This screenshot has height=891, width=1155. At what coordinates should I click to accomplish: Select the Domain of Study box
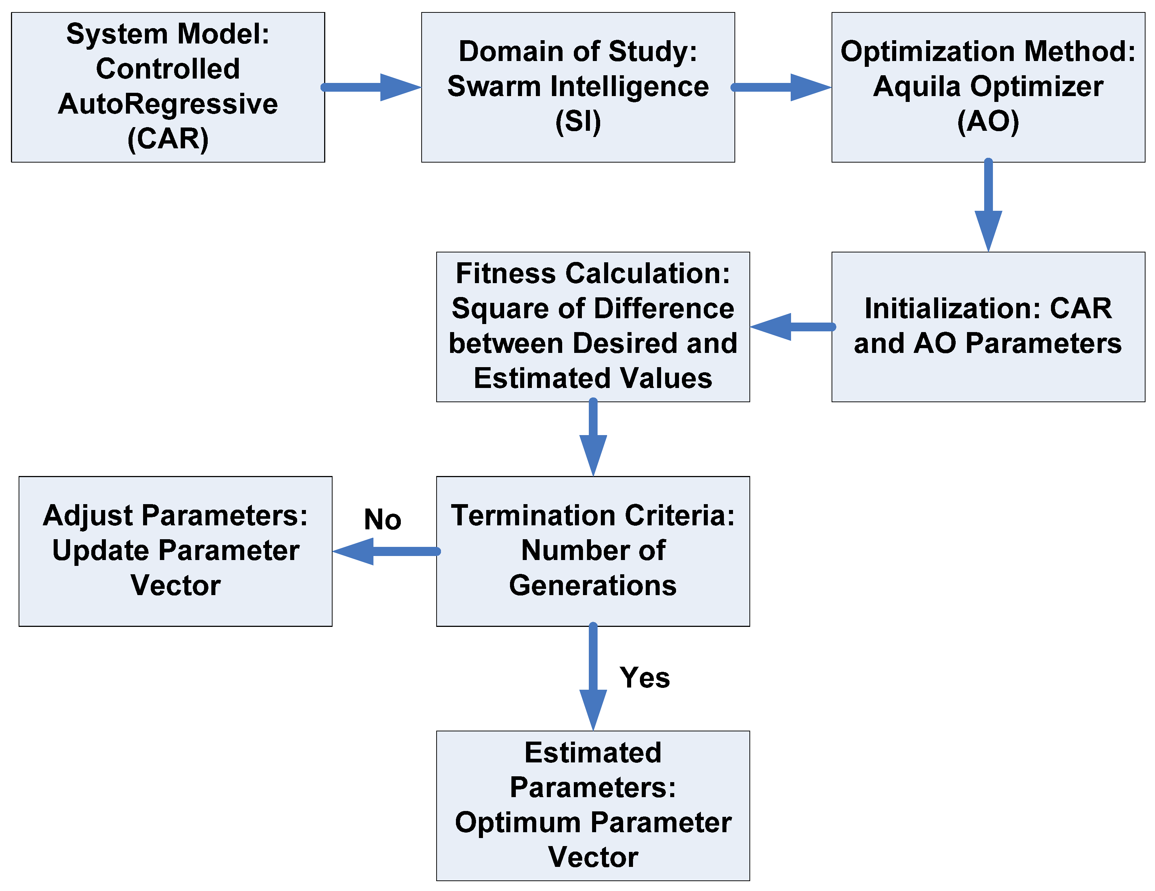point(577,87)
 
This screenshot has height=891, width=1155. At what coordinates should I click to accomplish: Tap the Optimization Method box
point(987,87)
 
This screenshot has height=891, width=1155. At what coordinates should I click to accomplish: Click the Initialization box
point(987,327)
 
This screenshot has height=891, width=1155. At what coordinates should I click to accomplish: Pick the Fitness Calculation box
point(592,327)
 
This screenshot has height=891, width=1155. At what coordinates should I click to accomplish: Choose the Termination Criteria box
point(592,551)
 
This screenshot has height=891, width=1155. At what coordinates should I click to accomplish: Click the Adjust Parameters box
point(175,551)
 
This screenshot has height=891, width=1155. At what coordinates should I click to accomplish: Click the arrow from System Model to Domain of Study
point(370,87)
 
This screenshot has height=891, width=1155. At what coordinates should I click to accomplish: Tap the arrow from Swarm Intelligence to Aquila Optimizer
point(780,87)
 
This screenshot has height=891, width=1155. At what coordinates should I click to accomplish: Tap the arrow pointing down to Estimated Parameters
point(593,677)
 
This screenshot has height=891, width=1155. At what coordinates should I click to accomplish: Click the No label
point(382,519)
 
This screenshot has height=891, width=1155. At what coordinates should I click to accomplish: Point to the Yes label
point(644,678)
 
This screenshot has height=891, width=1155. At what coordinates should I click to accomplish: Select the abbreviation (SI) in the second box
point(577,122)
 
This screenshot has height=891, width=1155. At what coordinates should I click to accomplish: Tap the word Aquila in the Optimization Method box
point(915,86)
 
